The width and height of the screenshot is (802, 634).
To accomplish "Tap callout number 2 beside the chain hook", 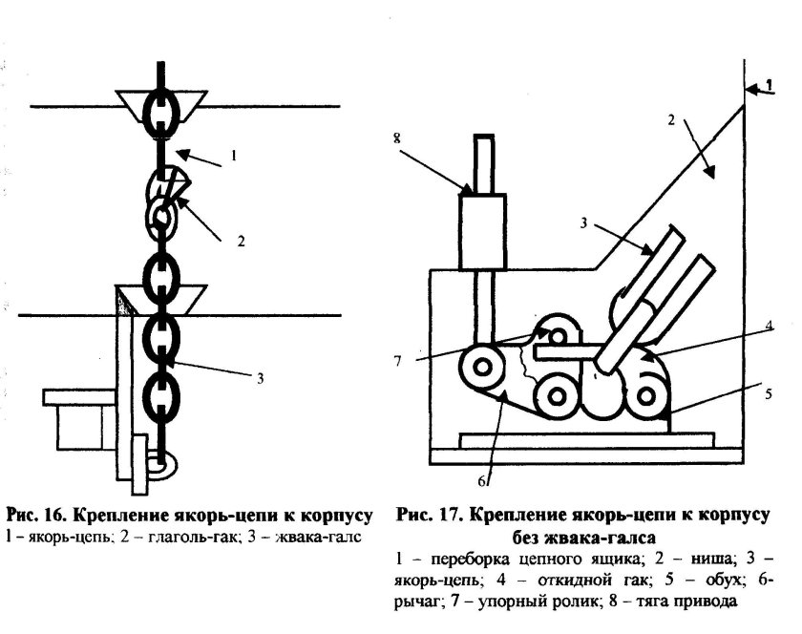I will [241, 243].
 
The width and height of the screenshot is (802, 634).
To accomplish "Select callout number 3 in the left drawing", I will [259, 378].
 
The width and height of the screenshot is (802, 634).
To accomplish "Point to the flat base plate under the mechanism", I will [586, 440].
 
